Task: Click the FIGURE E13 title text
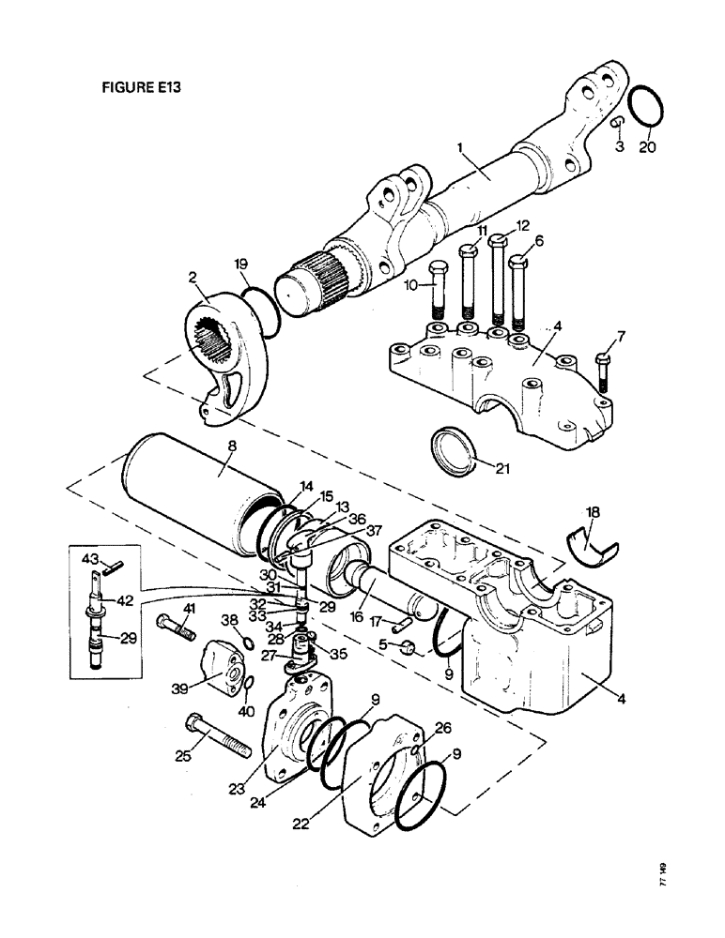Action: (140, 86)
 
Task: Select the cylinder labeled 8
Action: (205, 497)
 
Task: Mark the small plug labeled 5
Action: (409, 646)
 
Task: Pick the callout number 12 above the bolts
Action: (523, 225)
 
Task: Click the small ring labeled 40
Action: (247, 694)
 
